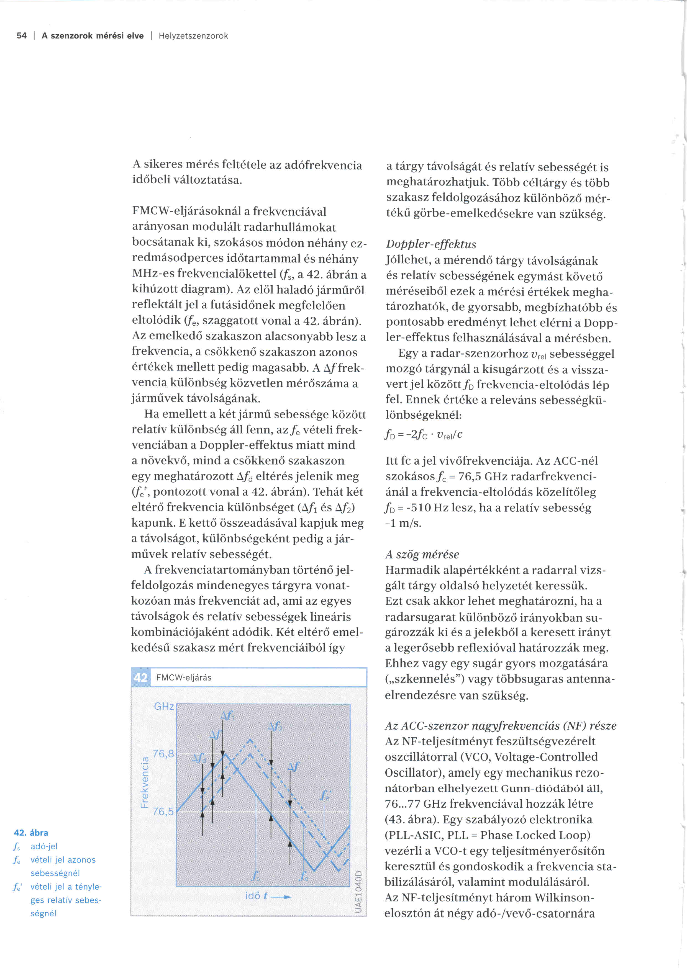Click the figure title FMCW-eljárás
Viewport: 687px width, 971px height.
pos(184,678)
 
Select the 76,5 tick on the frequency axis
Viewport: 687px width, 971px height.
pos(163,812)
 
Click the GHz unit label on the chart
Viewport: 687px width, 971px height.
pos(164,706)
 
